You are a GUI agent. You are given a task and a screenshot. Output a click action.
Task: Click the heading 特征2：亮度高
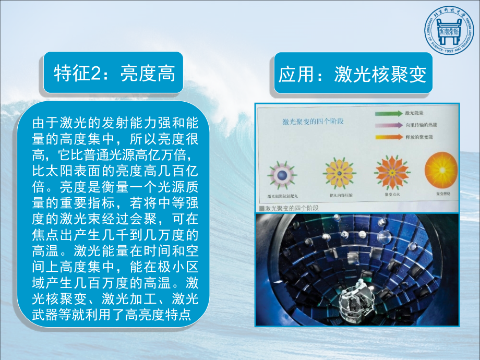point(114,73)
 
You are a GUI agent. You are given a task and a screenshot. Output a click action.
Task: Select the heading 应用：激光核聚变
point(353,74)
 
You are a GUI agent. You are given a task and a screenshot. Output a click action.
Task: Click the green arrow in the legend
point(387,113)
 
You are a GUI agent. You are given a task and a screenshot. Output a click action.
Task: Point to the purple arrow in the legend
point(387,125)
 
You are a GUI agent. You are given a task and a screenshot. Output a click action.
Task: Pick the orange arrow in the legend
point(387,137)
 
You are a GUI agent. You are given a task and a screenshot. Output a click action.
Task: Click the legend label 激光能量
point(414,113)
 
